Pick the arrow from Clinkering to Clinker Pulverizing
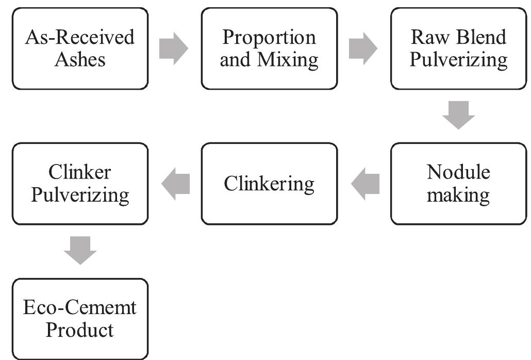tap(176, 184)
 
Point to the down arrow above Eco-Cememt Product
tap(80, 250)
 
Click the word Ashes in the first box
tap(80, 60)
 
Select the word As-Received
tap(80, 38)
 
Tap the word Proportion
tap(269, 38)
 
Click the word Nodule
tap(458, 172)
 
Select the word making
tap(458, 195)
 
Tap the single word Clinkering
tap(269, 184)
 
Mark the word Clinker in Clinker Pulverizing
tap(80, 172)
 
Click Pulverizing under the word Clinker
tap(80, 195)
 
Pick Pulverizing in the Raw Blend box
tap(458, 60)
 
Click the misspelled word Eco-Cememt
tap(80, 308)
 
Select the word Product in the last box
tap(80, 330)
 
